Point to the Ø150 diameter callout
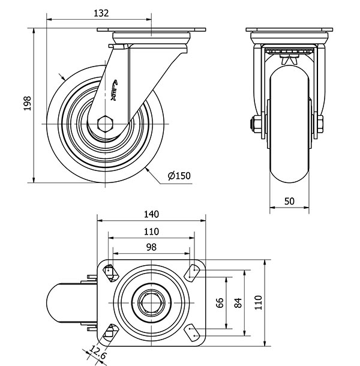point(179,176)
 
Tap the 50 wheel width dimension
point(289,202)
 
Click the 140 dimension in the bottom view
point(151,214)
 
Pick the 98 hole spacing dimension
point(151,247)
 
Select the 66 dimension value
point(219,303)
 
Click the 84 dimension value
point(238,303)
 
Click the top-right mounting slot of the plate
point(193,272)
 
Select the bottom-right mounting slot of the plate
point(193,334)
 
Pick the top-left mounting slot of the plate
point(109,272)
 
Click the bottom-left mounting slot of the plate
point(109,334)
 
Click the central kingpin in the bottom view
point(151,303)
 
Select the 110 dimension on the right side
point(259,303)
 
